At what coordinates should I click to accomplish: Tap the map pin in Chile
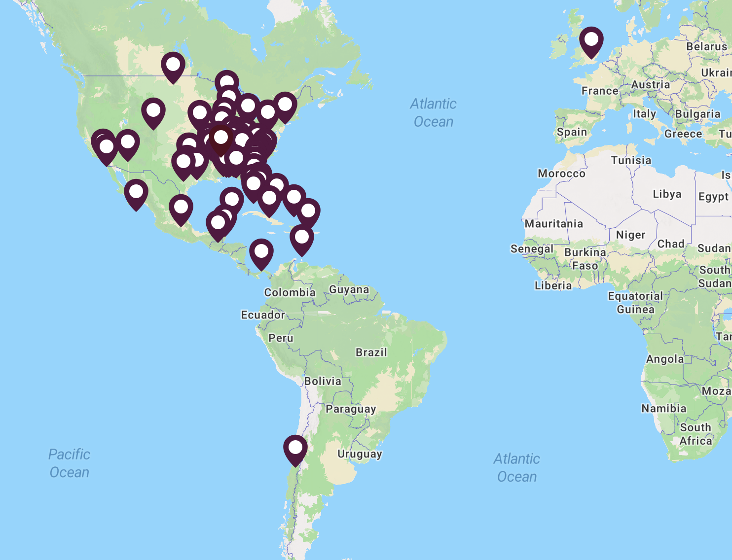pyautogui.click(x=295, y=449)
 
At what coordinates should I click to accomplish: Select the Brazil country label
pyautogui.click(x=371, y=352)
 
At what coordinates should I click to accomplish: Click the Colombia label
pyautogui.click(x=290, y=292)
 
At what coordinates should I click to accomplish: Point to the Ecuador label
pyautogui.click(x=263, y=315)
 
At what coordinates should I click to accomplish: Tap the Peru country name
pyautogui.click(x=281, y=338)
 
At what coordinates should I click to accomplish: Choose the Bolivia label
pyautogui.click(x=323, y=381)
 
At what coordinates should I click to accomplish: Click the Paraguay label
pyautogui.click(x=351, y=409)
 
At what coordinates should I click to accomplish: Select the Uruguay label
pyautogui.click(x=360, y=454)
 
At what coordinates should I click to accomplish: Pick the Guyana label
pyautogui.click(x=349, y=289)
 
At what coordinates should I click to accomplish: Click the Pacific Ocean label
pyautogui.click(x=70, y=463)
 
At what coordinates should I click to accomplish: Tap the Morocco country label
pyautogui.click(x=561, y=174)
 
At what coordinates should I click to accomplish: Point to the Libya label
pyautogui.click(x=667, y=194)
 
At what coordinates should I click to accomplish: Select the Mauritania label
pyautogui.click(x=553, y=224)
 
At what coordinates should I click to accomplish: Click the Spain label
pyautogui.click(x=572, y=132)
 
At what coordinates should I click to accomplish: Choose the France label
pyautogui.click(x=600, y=91)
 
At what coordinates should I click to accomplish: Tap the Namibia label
pyautogui.click(x=663, y=408)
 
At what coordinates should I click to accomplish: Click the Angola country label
pyautogui.click(x=665, y=359)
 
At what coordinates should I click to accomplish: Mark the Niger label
pyautogui.click(x=630, y=235)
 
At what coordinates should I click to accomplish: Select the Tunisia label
pyautogui.click(x=631, y=160)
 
